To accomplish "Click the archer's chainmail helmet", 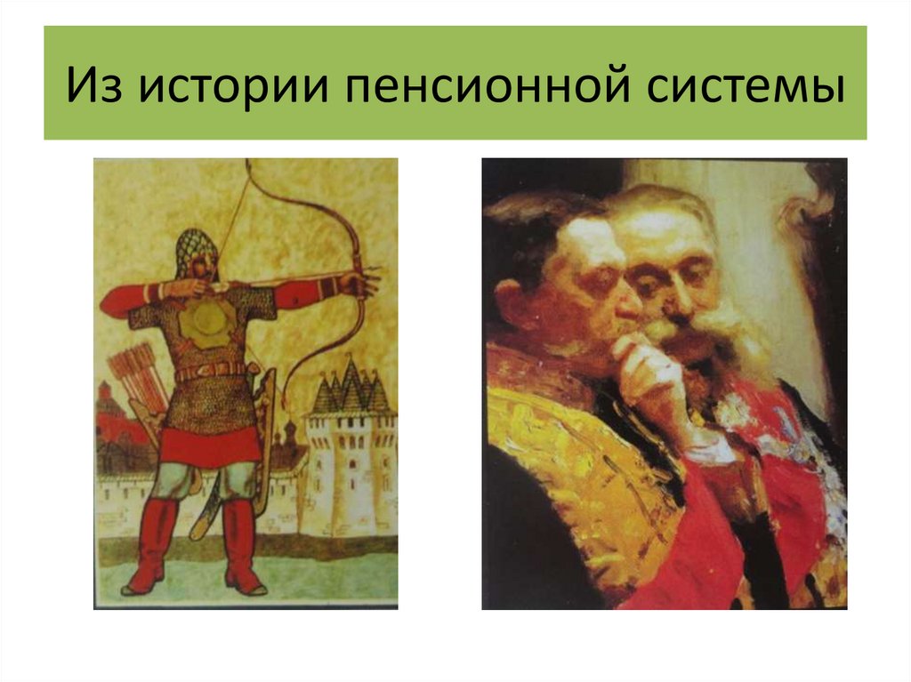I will (x=197, y=251).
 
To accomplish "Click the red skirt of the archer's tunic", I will (x=210, y=445).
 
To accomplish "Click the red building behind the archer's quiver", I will (x=111, y=418).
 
